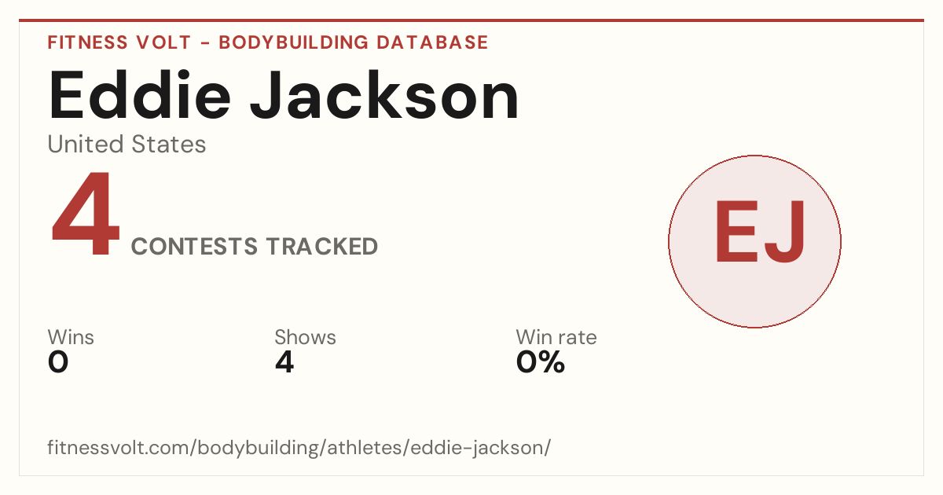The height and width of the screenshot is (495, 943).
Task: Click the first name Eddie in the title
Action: coord(140,95)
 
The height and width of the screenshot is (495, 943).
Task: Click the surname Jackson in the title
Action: coord(384,95)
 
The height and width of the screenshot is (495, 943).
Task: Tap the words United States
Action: coord(127,145)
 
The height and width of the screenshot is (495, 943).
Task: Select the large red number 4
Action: coord(86,213)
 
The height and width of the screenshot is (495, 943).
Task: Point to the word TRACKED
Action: coord(322,246)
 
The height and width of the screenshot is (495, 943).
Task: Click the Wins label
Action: coord(71,337)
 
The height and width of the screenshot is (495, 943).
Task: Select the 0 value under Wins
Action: coord(58,362)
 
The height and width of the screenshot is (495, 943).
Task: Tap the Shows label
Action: coord(305,337)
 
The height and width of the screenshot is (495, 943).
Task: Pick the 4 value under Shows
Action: coord(284,362)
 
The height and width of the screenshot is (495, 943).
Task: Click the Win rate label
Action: coord(556,337)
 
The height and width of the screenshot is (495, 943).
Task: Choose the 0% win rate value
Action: coord(541,362)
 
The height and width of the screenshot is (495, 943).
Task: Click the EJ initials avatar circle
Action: coord(755,241)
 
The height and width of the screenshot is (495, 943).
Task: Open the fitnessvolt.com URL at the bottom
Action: coord(299,448)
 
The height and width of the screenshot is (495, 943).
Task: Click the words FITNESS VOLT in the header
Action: coord(119,42)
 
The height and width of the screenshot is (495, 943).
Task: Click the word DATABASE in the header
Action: coord(432,42)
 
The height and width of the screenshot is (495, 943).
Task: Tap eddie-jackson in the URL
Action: coord(478,448)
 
